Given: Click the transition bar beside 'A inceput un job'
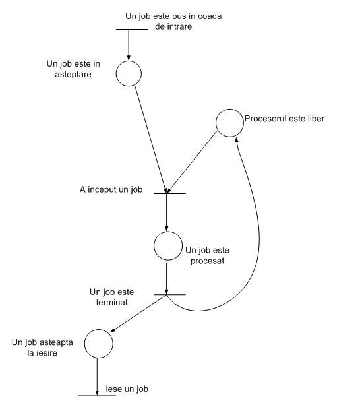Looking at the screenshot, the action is pyautogui.click(x=169, y=193).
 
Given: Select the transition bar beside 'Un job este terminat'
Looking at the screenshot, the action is pyautogui.click(x=169, y=295).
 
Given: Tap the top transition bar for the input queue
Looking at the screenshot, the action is pyautogui.click(x=132, y=29).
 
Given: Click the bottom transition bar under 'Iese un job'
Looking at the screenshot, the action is pyautogui.click(x=97, y=396).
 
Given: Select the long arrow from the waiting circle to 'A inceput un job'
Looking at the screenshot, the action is pyautogui.click(x=151, y=139).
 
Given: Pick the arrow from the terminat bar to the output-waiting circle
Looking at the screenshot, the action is pyautogui.click(x=138, y=313).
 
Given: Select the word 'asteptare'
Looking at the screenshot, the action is pyautogui.click(x=73, y=75).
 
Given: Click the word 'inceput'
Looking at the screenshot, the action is pyautogui.click(x=102, y=190).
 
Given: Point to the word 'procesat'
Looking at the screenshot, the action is pyautogui.click(x=208, y=261).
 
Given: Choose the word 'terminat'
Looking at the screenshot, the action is pyautogui.click(x=112, y=302).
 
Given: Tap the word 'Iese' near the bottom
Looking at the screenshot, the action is pyautogui.click(x=114, y=389).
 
